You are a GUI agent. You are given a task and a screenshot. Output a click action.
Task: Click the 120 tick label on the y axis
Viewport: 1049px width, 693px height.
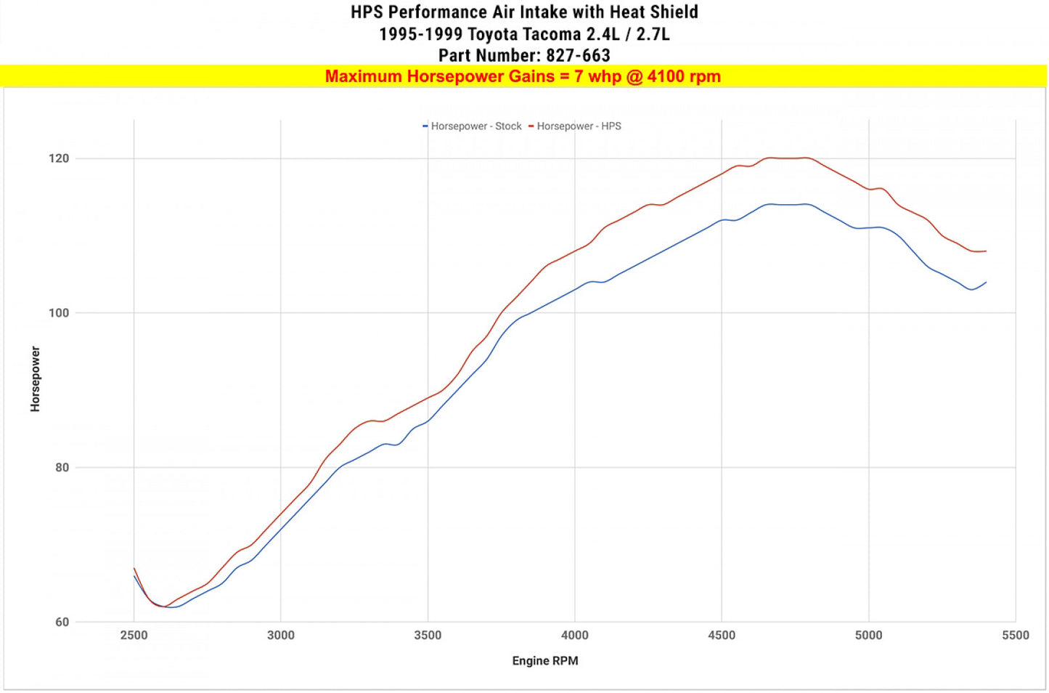tap(59, 158)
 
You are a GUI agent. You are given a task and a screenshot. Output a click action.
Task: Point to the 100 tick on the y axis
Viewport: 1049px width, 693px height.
tap(59, 313)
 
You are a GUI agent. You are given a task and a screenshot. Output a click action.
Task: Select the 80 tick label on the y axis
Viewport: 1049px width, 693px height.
tap(62, 468)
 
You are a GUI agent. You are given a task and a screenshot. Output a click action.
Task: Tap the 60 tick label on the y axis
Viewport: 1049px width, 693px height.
tap(62, 623)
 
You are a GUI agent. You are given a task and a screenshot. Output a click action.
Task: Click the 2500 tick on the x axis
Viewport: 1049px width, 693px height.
tap(134, 636)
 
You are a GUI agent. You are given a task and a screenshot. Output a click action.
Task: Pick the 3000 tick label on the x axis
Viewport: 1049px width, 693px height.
tap(281, 636)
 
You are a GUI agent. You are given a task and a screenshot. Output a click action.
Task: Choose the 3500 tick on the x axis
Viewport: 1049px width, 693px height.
tap(428, 636)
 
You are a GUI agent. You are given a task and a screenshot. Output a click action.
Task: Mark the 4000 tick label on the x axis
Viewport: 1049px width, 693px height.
tap(575, 636)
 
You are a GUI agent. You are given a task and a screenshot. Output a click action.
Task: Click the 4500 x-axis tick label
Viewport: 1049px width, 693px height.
tap(722, 636)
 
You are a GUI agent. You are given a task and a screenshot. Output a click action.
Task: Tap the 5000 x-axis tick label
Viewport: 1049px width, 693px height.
tap(869, 636)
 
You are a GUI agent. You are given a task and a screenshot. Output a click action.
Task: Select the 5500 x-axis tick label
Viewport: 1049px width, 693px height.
tap(1016, 636)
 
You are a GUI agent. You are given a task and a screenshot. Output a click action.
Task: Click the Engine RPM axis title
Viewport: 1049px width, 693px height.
tap(545, 661)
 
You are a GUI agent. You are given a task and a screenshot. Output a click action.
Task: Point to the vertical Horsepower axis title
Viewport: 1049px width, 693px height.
tap(35, 379)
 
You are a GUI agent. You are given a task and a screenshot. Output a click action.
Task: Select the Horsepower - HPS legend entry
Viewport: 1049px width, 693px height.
tap(575, 126)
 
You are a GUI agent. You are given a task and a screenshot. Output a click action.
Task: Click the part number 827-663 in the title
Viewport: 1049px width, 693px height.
tap(579, 55)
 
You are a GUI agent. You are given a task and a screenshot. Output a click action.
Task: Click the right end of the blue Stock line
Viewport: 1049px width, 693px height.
tap(987, 283)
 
